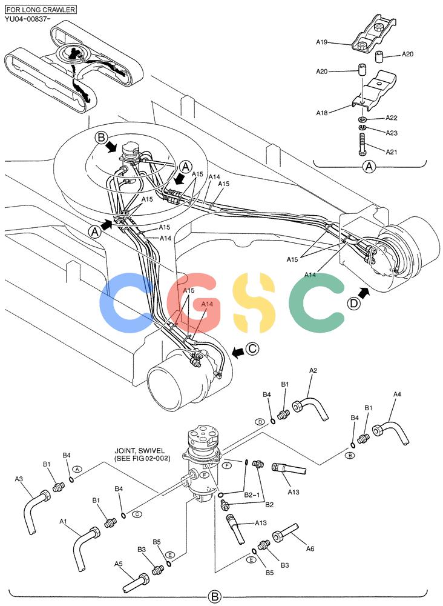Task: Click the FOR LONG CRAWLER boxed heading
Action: [41, 9]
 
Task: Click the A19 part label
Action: [321, 42]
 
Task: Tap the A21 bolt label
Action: [392, 152]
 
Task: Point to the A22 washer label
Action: [392, 118]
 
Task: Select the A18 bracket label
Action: [322, 113]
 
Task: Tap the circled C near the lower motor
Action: [252, 349]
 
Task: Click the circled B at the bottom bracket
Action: [215, 596]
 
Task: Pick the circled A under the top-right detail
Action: [369, 167]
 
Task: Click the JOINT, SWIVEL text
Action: [140, 451]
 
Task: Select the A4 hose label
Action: [397, 395]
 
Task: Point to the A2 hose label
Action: [313, 370]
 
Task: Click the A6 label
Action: [310, 548]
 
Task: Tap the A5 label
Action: [119, 564]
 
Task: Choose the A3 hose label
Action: [19, 479]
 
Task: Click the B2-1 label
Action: [252, 494]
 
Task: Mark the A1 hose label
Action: [64, 521]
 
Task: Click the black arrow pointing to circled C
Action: [237, 352]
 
